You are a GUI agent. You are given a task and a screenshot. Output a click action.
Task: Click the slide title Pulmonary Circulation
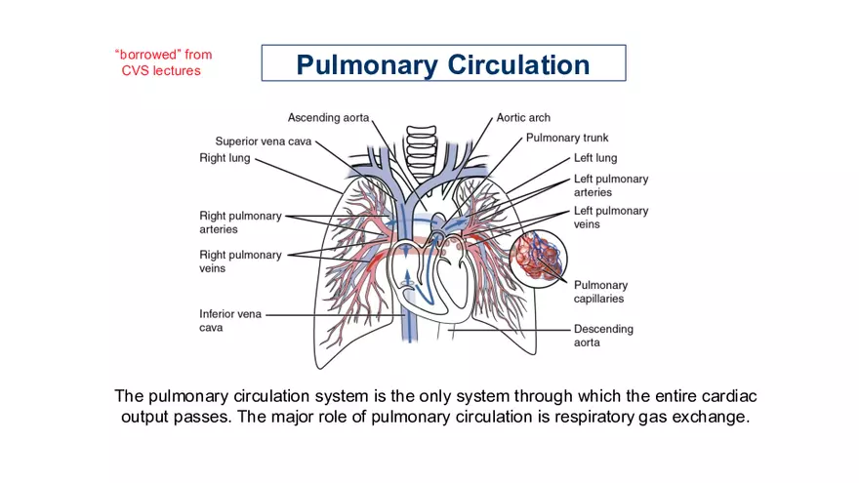click(443, 64)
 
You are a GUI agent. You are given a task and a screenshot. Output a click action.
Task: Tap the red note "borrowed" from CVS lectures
click(163, 62)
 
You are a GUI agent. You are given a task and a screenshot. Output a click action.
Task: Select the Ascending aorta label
click(328, 117)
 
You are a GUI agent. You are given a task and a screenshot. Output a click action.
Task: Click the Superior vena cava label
click(265, 141)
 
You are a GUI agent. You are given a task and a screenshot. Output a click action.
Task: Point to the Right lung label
click(225, 157)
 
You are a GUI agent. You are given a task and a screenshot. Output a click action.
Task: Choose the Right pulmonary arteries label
click(240, 222)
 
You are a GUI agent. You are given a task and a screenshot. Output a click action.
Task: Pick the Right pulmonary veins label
click(240, 262)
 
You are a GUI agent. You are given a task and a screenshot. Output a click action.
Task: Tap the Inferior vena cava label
click(230, 321)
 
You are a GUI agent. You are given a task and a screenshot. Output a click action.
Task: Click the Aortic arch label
click(523, 117)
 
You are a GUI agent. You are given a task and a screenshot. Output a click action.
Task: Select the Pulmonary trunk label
click(567, 138)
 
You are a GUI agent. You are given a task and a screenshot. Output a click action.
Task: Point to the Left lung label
click(594, 157)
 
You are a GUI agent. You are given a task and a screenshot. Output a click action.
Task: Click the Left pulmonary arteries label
click(610, 185)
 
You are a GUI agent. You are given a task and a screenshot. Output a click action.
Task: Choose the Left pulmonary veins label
click(610, 217)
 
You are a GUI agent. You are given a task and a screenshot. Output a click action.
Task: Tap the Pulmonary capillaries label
click(599, 292)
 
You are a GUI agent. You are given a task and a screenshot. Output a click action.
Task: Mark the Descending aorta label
click(602, 336)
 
